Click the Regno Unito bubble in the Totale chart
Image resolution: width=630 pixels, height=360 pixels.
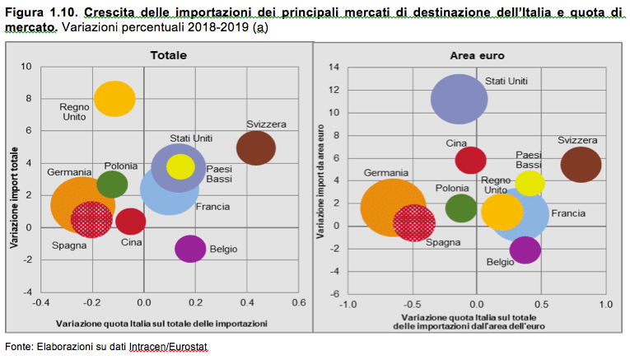click(x=114, y=99)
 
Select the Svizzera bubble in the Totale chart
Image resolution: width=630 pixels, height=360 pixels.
click(x=256, y=149)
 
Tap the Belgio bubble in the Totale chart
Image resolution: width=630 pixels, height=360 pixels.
click(x=190, y=248)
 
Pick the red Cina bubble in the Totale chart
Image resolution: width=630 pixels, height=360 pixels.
click(x=130, y=221)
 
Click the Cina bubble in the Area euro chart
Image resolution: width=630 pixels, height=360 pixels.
click(x=471, y=160)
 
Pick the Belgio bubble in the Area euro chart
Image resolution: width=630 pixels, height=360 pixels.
click(x=525, y=250)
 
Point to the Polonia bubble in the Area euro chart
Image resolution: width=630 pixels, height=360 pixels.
click(x=461, y=208)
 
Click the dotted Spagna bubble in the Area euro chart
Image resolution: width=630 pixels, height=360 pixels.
click(x=414, y=222)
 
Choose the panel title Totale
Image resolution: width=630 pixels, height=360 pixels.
click(x=168, y=55)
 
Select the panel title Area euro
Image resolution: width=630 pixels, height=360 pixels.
click(x=476, y=55)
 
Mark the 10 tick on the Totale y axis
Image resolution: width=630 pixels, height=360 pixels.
click(x=26, y=67)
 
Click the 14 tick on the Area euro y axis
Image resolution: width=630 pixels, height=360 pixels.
click(x=334, y=67)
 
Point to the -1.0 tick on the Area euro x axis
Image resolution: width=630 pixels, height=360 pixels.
click(x=348, y=304)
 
